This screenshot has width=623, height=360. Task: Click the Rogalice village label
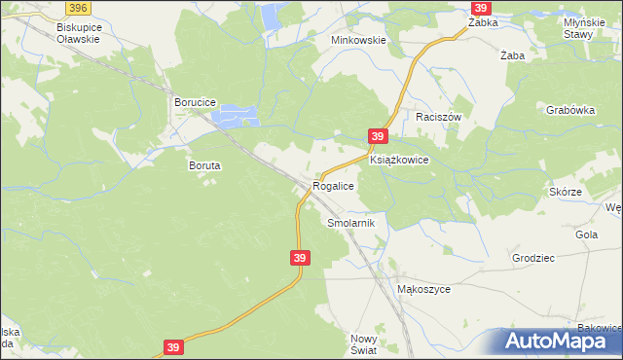[x=332, y=185]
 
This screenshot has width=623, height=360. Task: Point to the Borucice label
[x=194, y=101]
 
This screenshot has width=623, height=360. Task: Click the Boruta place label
[x=204, y=165]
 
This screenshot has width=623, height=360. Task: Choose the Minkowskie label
[x=359, y=41]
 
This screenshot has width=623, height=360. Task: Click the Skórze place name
[x=566, y=192]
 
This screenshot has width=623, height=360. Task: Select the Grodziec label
[x=533, y=258]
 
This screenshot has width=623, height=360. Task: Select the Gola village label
[x=587, y=234]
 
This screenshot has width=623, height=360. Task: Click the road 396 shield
[x=80, y=7]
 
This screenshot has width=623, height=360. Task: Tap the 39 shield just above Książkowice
[x=379, y=137]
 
